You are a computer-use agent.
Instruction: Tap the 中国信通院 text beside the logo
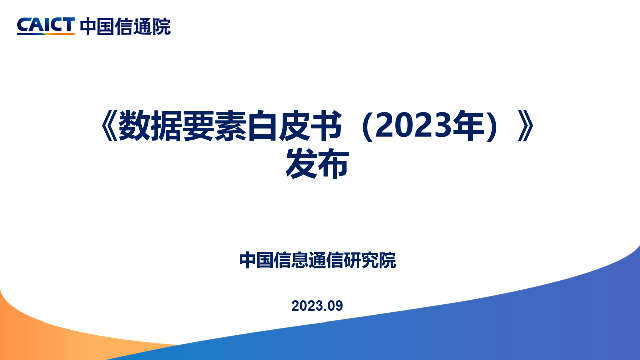(x=125, y=27)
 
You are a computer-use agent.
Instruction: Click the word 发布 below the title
(x=317, y=165)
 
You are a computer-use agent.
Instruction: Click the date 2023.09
(x=317, y=306)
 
